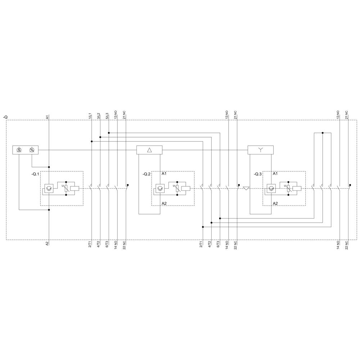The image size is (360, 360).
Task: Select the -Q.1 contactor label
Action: (35, 174)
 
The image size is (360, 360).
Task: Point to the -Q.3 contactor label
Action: (257, 174)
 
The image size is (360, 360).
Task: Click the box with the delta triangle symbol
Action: (149, 150)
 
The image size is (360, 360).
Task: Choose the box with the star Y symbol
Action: (261, 150)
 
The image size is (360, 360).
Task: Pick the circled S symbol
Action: (19, 150)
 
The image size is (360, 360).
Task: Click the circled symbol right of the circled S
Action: (32, 150)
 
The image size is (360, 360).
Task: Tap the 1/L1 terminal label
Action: (90, 116)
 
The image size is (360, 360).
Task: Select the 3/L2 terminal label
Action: (98, 116)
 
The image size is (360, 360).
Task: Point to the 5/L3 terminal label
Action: (107, 116)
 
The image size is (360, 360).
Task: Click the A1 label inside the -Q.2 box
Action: (164, 174)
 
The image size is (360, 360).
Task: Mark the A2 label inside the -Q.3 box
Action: (275, 203)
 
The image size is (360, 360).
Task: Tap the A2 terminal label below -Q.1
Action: (47, 243)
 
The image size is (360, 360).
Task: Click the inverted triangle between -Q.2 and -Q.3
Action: (246, 188)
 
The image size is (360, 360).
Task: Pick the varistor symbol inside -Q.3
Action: (288, 188)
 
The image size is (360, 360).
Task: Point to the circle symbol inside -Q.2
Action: (159, 188)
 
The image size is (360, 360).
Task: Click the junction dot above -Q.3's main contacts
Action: (323, 133)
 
